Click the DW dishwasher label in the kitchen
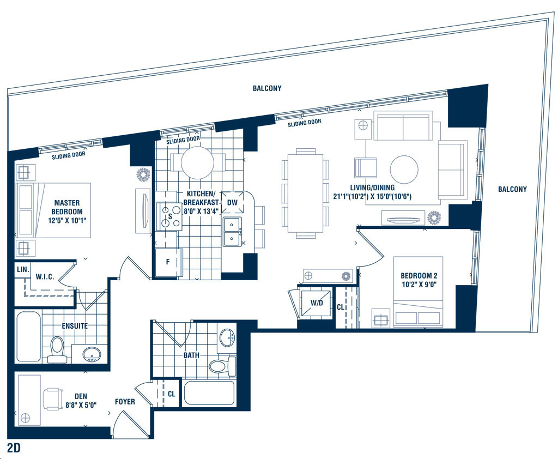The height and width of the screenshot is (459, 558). pos(232,203)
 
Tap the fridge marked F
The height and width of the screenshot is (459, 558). pos(168,262)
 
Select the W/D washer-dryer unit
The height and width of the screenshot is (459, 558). pos(317,303)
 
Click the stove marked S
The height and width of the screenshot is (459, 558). pos(170,216)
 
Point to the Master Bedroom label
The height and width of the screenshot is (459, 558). pos(67,212)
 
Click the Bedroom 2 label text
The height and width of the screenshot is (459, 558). pos(419,280)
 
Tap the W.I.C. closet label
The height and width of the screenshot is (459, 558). pos(45,277)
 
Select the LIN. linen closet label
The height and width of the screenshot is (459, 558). pos(23,269)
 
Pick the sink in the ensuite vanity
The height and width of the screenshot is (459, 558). pos(92,354)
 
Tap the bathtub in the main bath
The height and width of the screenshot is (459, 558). pos(209,393)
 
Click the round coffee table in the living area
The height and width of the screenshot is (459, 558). pos(404,170)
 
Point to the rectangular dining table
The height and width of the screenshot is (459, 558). pos(306,193)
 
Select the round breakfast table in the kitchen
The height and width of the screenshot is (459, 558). pos(197,163)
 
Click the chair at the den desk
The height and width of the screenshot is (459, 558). pos(53,399)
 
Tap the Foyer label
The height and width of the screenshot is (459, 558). pos(125,402)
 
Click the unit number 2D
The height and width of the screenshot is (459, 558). pos(14,448)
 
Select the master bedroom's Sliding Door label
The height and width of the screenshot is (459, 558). pos(69,155)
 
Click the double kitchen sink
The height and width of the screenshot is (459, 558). pos(232,232)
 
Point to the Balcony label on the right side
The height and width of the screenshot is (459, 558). pos(512,189)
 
